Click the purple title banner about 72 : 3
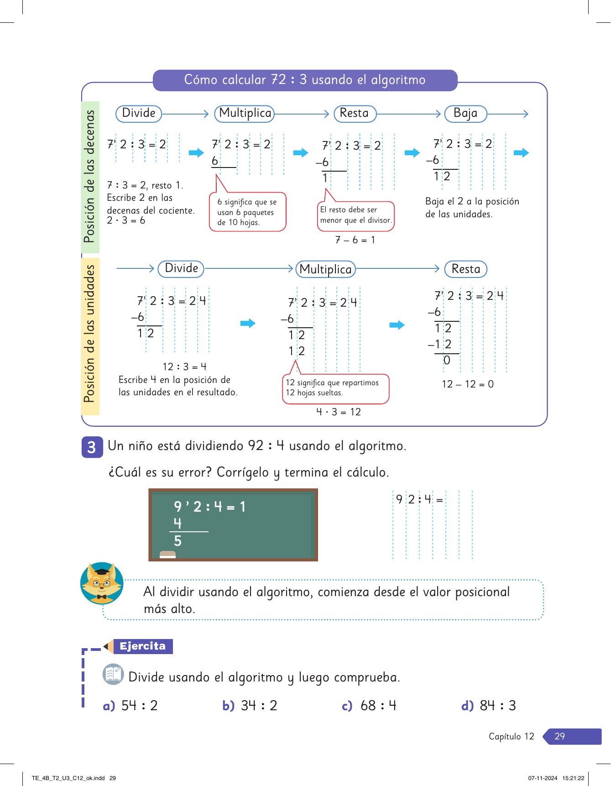[305, 80]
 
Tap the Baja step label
[465, 113]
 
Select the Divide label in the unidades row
[181, 268]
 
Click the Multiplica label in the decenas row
[245, 113]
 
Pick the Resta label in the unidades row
[465, 269]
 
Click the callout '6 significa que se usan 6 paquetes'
[247, 212]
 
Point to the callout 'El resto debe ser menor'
[355, 215]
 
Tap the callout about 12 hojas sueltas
[335, 388]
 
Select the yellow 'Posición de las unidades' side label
[90, 334]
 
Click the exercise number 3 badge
[92, 447]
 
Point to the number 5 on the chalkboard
[178, 541]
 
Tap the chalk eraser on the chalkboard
[167, 555]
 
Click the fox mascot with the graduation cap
[102, 583]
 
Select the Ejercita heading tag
[142, 646]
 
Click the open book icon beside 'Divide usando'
[113, 674]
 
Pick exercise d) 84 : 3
[489, 706]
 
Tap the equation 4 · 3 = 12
[339, 412]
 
